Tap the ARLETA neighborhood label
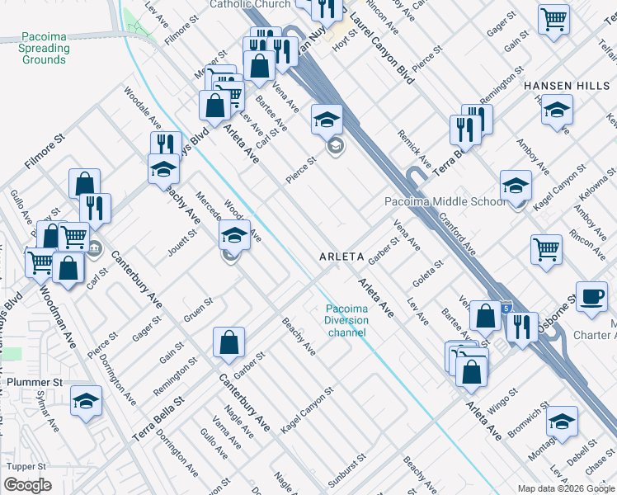(341, 257)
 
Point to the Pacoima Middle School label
(445, 202)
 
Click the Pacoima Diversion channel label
(346, 321)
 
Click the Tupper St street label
(23, 466)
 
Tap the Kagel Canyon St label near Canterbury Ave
(307, 409)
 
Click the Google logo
(27, 485)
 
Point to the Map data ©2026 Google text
(565, 488)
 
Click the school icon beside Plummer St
(86, 402)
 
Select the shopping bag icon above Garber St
(228, 342)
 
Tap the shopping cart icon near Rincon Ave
(547, 249)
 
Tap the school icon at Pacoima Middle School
(516, 186)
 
